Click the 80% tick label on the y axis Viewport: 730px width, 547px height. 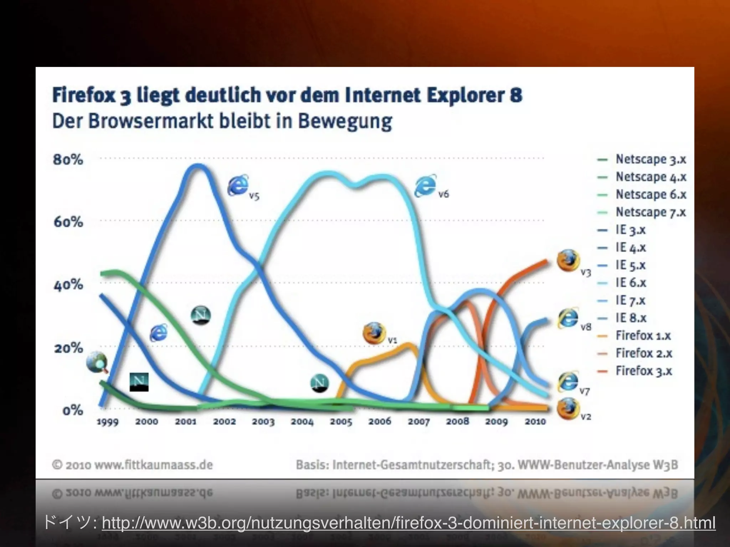(68, 159)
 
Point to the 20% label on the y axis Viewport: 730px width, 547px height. (68, 348)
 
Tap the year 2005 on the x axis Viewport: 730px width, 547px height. (341, 422)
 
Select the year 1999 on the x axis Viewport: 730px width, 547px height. (108, 422)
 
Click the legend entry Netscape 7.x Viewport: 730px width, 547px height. (651, 212)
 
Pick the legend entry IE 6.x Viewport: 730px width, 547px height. (631, 283)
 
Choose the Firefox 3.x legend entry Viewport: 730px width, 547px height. (644, 371)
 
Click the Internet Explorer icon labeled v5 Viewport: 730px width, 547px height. (238, 185)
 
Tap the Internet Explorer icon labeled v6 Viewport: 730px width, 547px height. (425, 186)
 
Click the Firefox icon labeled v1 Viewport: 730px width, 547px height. (374, 333)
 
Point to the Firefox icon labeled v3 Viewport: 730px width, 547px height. (568, 260)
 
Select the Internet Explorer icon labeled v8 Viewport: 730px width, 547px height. (568, 318)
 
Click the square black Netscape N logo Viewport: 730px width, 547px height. (139, 382)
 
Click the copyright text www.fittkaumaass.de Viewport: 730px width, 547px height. (154, 465)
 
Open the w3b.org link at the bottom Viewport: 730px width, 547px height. (408, 523)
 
